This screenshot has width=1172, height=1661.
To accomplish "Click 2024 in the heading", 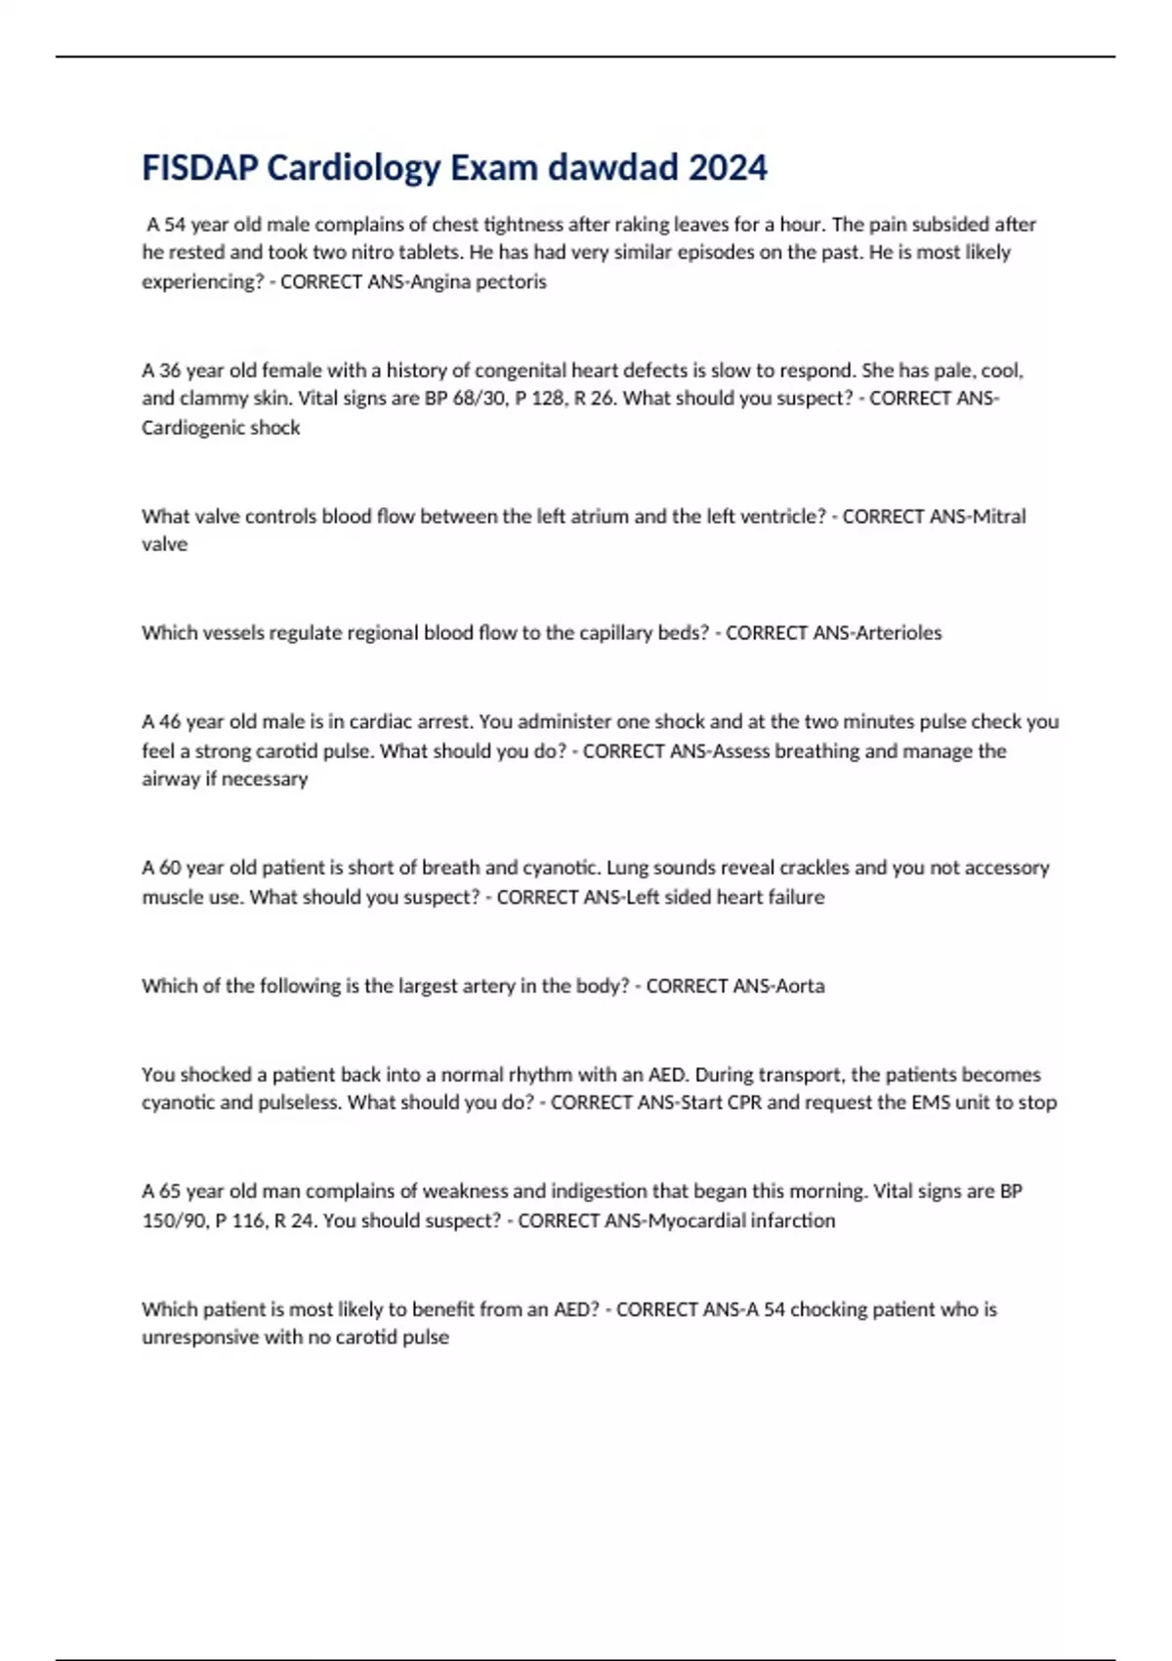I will click(728, 168).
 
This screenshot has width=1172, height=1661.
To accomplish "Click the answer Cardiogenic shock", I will click(221, 428).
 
